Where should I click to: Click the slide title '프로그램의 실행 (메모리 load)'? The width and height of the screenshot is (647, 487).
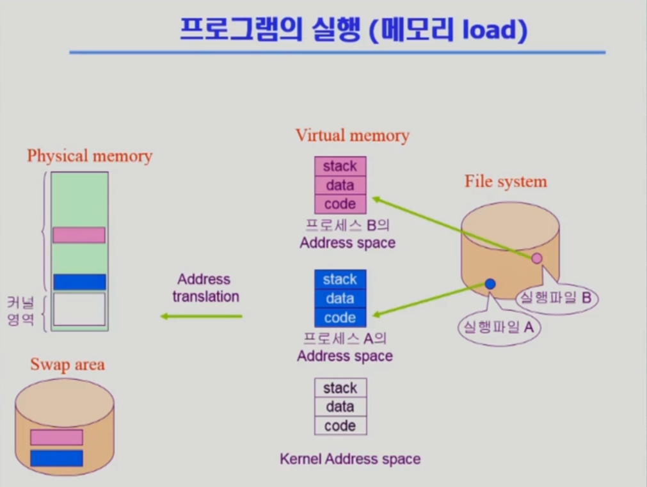tap(353, 30)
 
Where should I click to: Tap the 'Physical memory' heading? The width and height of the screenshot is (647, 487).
tap(90, 156)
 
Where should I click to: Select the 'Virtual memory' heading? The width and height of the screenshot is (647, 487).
tap(352, 135)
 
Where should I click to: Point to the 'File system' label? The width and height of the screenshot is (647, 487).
tap(506, 181)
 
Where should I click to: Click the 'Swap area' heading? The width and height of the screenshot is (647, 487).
tap(67, 365)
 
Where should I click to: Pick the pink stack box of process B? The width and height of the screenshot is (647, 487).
tap(340, 166)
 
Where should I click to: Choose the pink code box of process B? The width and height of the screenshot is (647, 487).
tap(340, 204)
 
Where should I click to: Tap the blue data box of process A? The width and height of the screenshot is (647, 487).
tap(340, 298)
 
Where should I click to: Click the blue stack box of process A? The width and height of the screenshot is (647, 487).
tap(340, 280)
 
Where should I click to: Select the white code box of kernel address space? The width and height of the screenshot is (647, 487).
tap(340, 426)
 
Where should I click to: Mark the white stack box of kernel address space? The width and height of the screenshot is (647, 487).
tap(340, 388)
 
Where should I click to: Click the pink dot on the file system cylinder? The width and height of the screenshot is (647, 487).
tap(537, 258)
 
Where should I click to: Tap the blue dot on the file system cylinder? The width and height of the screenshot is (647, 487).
tap(490, 283)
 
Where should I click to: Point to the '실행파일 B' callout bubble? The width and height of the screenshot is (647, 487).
tap(555, 297)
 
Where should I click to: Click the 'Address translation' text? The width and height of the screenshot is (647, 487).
tap(205, 288)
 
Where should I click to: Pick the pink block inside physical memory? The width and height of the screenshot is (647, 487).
tap(79, 235)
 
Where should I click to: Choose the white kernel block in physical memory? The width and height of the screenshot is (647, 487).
tap(79, 309)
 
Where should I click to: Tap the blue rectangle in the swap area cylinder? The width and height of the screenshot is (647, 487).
tap(56, 458)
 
